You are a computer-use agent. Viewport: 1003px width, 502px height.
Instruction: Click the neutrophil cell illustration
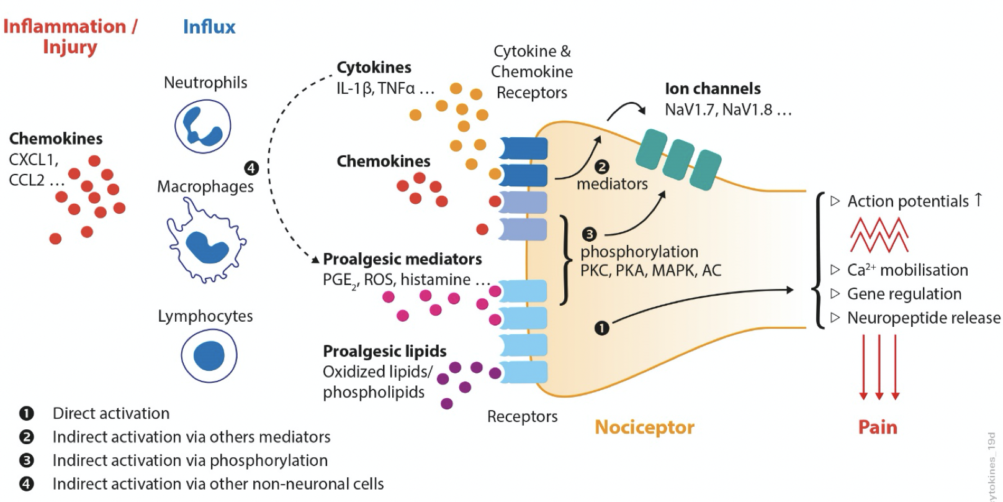(x=203, y=125)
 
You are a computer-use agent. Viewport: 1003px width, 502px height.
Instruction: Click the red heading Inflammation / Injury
(x=70, y=36)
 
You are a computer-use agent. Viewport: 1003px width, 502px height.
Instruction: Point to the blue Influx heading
(x=209, y=27)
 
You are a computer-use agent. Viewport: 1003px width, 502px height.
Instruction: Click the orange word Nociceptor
(x=644, y=427)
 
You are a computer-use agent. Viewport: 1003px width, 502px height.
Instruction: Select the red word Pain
(x=877, y=427)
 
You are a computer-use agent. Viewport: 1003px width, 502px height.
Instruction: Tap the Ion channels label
(x=712, y=89)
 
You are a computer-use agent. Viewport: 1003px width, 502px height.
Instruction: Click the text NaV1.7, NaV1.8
(x=720, y=110)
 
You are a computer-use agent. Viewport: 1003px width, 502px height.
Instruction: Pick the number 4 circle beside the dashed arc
(x=251, y=167)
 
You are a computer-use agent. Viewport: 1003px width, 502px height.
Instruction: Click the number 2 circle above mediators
(x=601, y=167)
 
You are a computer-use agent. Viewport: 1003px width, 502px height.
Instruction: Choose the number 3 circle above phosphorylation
(x=589, y=234)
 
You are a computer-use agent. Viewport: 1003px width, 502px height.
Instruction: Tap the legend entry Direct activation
(x=110, y=414)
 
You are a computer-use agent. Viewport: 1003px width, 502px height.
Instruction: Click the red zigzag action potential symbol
(x=878, y=235)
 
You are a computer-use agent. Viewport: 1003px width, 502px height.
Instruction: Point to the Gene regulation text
(x=904, y=294)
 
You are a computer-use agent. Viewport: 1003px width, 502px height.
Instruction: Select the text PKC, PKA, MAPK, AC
(x=650, y=271)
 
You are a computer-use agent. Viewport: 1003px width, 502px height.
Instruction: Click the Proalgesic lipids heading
(x=384, y=351)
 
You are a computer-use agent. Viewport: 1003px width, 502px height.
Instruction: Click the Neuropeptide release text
(x=923, y=318)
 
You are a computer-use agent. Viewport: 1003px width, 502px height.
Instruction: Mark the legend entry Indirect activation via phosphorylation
(x=190, y=460)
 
